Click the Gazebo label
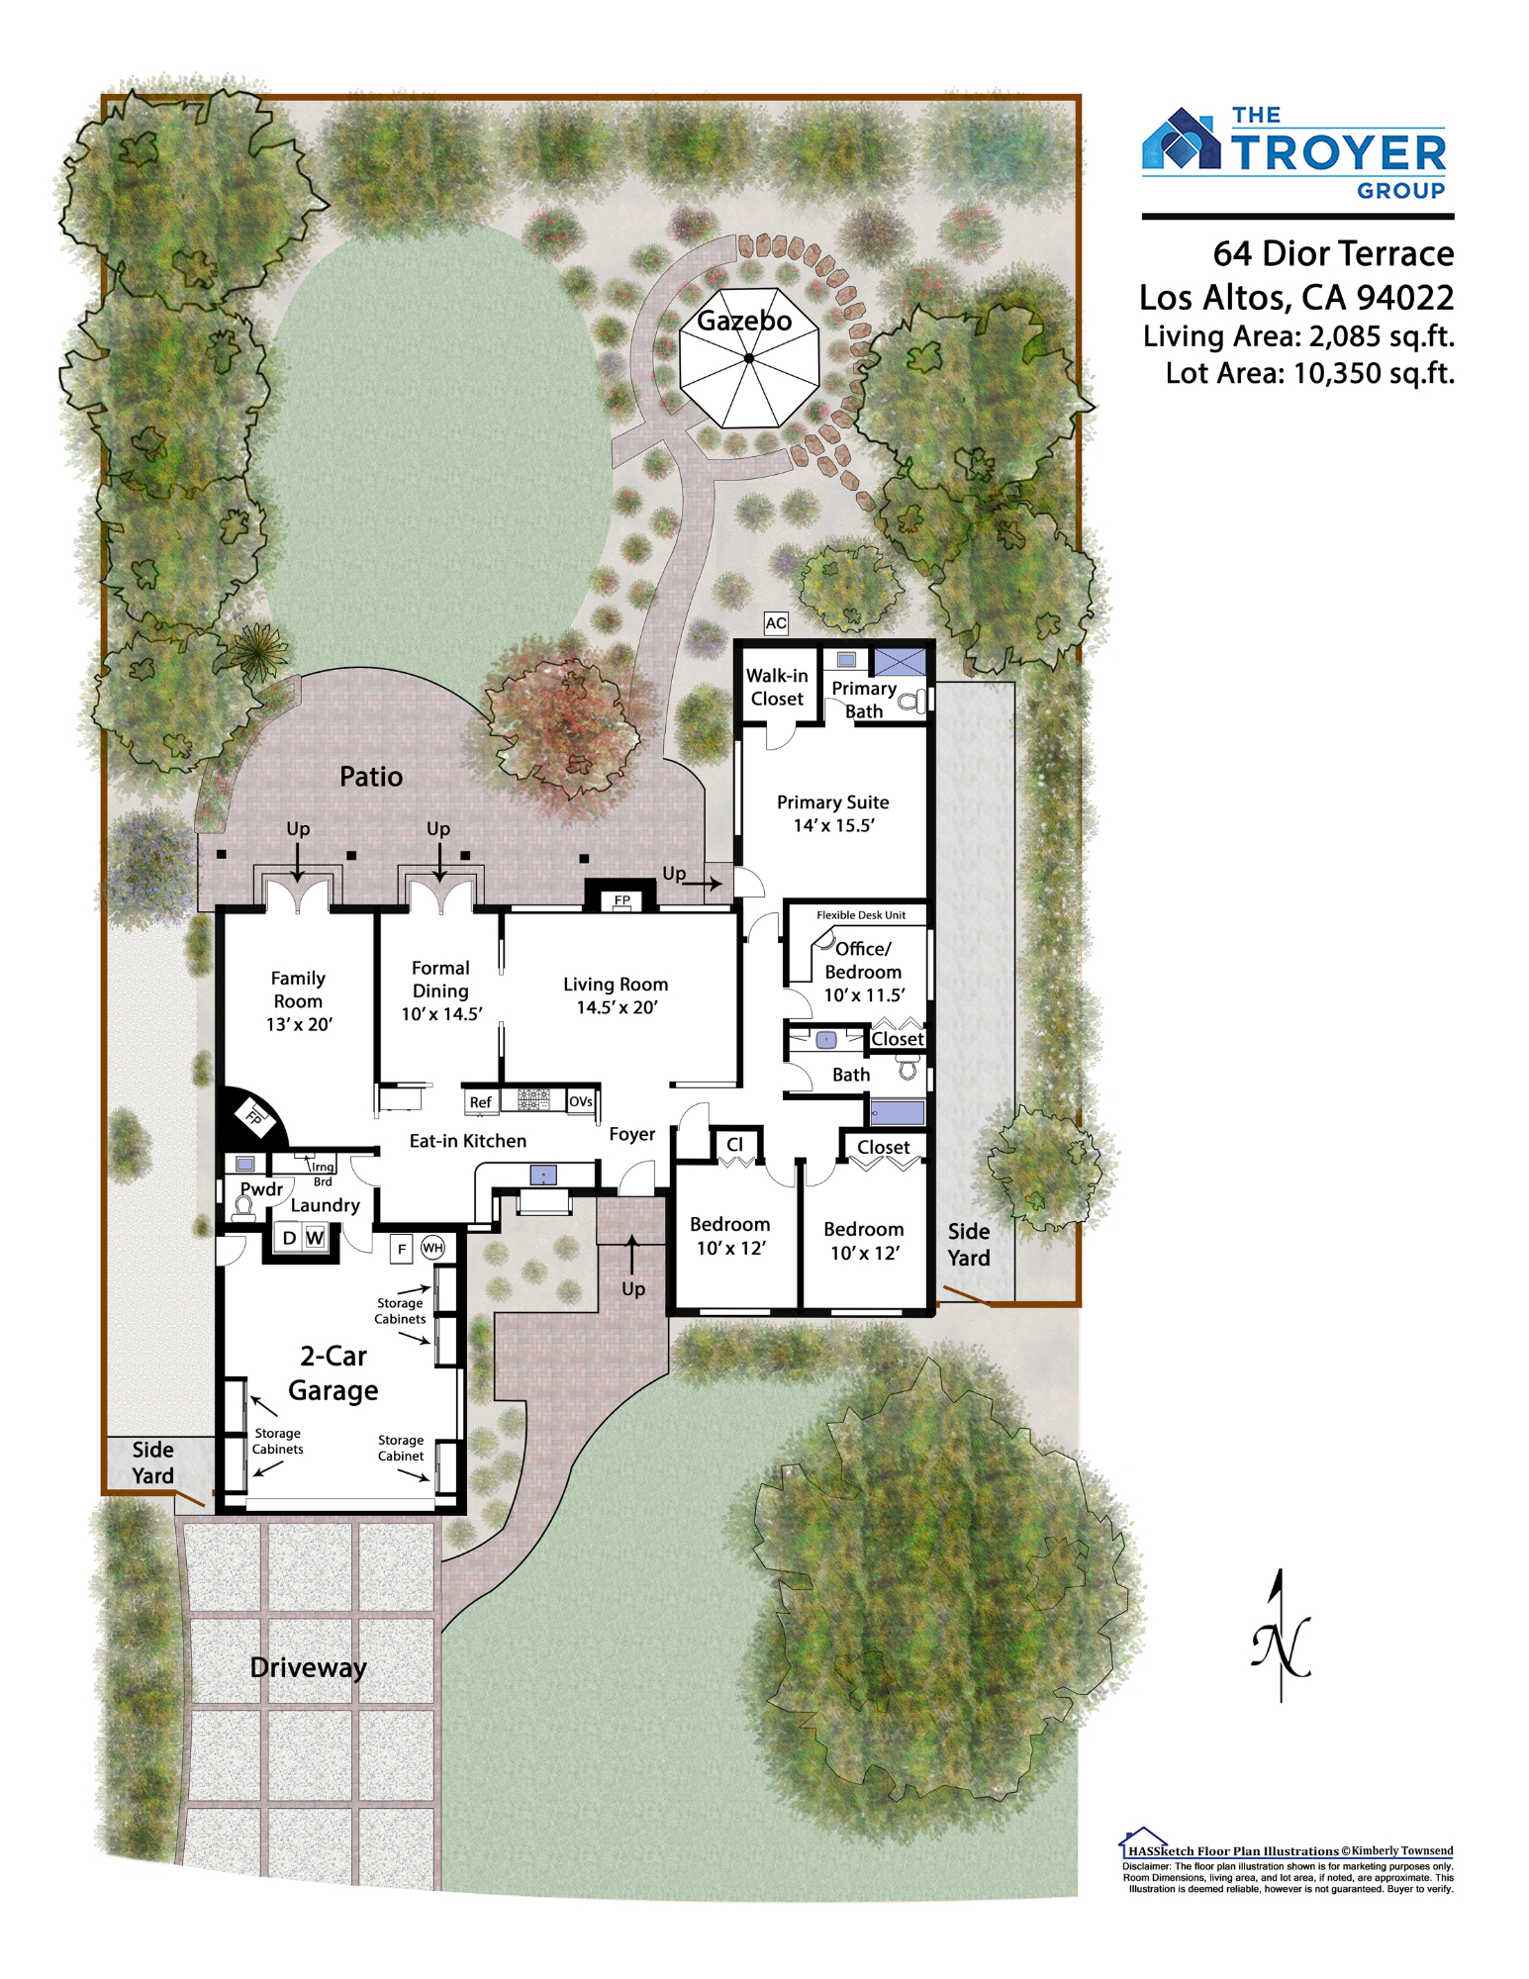pyautogui.click(x=744, y=321)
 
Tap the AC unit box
pyautogui.click(x=776, y=623)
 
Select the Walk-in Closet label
pyautogui.click(x=777, y=687)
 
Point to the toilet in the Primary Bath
pyautogui.click(x=913, y=701)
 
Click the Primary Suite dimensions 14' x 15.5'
pyautogui.click(x=833, y=825)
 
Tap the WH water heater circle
pyautogui.click(x=432, y=1248)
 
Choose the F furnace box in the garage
pyautogui.click(x=402, y=1249)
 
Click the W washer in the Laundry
pyautogui.click(x=315, y=1238)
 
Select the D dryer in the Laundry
pyautogui.click(x=289, y=1238)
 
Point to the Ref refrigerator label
pyautogui.click(x=480, y=1102)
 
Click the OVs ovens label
pyautogui.click(x=581, y=1101)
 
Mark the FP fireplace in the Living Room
pyautogui.click(x=621, y=898)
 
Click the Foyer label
pyautogui.click(x=632, y=1134)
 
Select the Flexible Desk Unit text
pyautogui.click(x=861, y=915)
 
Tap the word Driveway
pyautogui.click(x=309, y=1668)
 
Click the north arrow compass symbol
pyautogui.click(x=1282, y=1638)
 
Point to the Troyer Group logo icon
pyautogui.click(x=1182, y=140)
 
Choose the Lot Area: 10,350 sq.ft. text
pyautogui.click(x=1309, y=373)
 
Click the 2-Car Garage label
pyautogui.click(x=334, y=1373)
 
